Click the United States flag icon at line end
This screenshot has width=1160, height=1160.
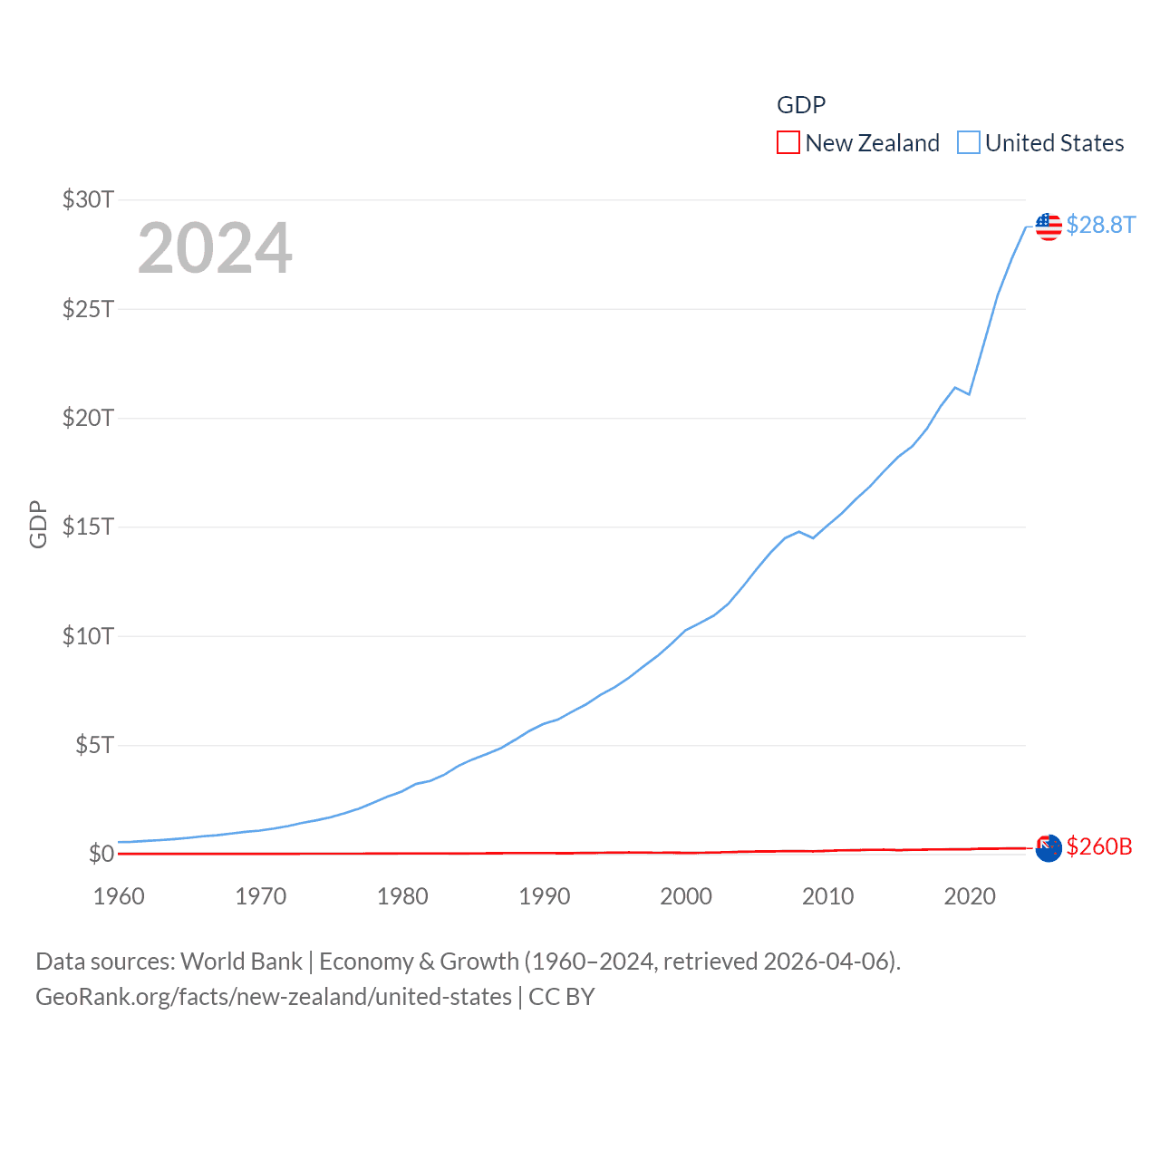click(1049, 227)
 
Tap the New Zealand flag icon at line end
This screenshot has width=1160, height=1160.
click(1049, 848)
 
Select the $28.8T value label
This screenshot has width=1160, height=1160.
click(1100, 225)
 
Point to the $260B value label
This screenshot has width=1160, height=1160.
click(1099, 846)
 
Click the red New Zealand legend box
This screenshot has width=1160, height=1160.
click(788, 143)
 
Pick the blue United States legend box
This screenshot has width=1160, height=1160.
click(969, 143)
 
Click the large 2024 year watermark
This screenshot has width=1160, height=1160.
click(215, 248)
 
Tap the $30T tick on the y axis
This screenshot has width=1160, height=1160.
click(88, 199)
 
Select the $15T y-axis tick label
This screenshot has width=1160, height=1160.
click(88, 527)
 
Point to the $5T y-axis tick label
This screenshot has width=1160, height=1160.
click(94, 745)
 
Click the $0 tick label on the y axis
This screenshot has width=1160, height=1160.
click(101, 854)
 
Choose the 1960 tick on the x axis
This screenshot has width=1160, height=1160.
click(119, 896)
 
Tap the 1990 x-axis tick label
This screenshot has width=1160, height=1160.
click(545, 896)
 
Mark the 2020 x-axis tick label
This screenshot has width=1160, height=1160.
click(970, 896)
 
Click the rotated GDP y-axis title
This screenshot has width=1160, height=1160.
click(38, 524)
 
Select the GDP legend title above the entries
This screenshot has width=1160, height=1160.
click(801, 105)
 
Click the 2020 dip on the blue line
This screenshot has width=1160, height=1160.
click(969, 394)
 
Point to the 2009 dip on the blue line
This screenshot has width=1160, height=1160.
click(813, 538)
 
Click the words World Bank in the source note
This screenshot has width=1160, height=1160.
click(241, 961)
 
